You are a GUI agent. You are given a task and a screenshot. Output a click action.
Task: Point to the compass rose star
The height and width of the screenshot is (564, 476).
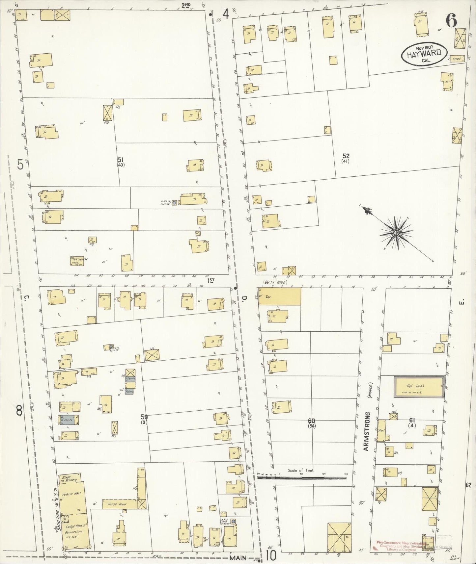coord(396,233)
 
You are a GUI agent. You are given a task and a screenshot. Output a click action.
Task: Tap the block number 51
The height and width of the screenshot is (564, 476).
coord(121,160)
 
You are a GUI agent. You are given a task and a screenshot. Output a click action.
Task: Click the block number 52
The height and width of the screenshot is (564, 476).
coord(346,156)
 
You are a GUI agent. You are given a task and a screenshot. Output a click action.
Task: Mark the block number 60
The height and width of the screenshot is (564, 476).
coord(311,421)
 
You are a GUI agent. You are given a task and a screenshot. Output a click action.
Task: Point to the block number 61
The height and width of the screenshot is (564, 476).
coord(412,420)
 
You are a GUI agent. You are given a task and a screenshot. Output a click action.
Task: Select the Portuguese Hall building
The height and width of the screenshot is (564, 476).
coord(79,260)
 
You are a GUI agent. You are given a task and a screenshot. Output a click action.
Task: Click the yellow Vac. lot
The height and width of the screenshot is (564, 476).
coord(280,296)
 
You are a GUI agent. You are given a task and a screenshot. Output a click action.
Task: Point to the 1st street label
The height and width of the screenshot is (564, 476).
coord(211,280)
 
